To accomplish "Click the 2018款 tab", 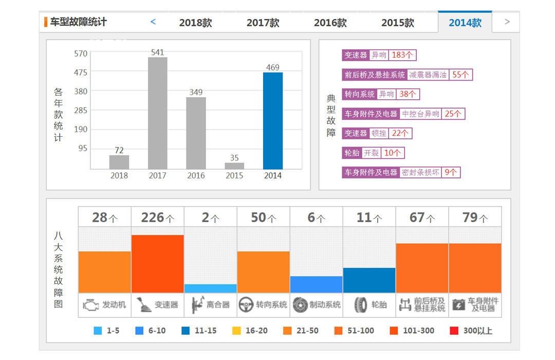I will click(x=195, y=23).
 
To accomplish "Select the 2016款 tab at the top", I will click(x=330, y=23).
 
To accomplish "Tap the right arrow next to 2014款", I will click(x=507, y=22).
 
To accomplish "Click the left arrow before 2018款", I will click(x=153, y=22).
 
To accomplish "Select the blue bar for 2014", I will click(x=273, y=121).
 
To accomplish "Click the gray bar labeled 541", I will click(x=157, y=113).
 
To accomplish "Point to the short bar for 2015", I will click(x=234, y=166).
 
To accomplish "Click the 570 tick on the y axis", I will click(x=81, y=53).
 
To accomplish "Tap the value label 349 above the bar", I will click(x=196, y=93).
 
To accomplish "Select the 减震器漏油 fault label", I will click(x=428, y=75).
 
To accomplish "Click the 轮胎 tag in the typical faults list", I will click(x=351, y=153).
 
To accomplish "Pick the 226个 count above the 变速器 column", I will click(x=157, y=218).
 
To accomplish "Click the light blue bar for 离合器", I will click(x=210, y=289).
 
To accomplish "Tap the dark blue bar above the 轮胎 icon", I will click(x=369, y=280).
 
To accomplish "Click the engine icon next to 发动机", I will click(x=90, y=305).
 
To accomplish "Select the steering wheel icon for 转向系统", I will click(x=246, y=305).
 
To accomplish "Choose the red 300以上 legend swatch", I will click(x=454, y=331).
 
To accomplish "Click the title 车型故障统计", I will click(x=78, y=22).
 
